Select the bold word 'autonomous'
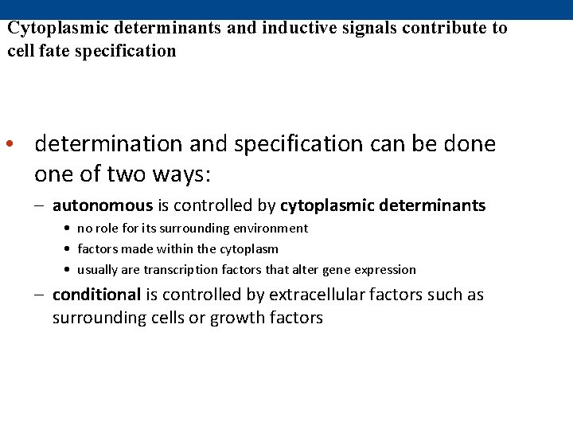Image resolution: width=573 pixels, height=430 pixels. coord(103,205)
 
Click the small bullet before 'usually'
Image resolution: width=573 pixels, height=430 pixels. coord(69,270)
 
